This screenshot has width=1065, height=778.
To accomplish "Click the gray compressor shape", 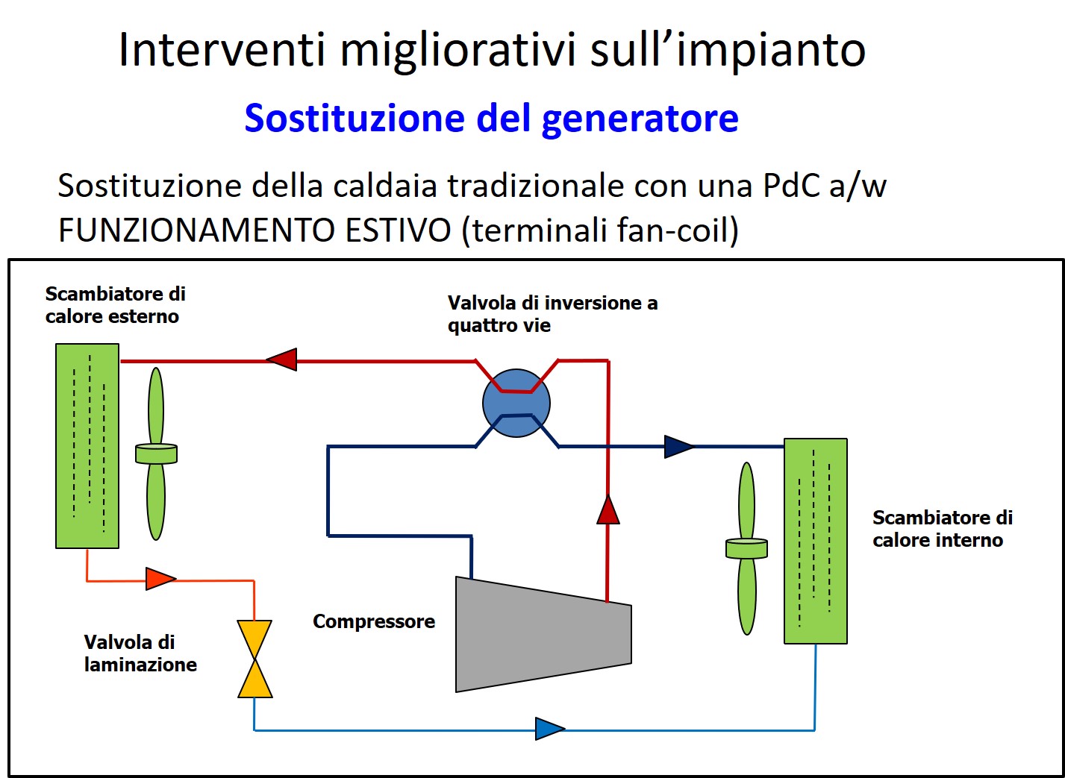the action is pos(543,634).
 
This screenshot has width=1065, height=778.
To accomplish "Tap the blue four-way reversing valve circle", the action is pos(516,403).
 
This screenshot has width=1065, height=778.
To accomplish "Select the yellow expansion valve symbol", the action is pos(254,659).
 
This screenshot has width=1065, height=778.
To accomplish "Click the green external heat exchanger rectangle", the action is pos(87,446).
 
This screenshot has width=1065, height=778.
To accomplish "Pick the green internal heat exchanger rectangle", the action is pos(816,541).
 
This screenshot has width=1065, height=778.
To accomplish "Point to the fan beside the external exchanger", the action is pos(156,454).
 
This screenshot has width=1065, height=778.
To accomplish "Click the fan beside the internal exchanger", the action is pos(746,548).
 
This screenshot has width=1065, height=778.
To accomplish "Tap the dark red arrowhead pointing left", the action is pos(281,360).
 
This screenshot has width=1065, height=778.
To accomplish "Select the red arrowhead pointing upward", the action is pos(608,509).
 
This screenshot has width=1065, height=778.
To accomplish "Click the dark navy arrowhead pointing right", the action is pos(679,447).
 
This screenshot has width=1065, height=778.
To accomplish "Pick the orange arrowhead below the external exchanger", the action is pos(160,578).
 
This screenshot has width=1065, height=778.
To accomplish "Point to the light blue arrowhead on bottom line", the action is pos(550,729).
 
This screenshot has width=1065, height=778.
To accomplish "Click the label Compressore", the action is pos(374,621).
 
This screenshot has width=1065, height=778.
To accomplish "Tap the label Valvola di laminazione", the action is pos(140,653).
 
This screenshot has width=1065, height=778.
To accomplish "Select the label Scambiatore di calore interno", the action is pos(943,529).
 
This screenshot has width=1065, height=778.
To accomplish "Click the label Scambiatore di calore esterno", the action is pos(115,304).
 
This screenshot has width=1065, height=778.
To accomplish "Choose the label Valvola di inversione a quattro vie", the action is pos(552,314).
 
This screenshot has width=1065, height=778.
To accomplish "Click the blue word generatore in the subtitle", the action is pos(640,119).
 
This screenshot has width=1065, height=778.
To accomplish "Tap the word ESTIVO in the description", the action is pos(398,230).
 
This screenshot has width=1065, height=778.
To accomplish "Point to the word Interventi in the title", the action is pos(222,50).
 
